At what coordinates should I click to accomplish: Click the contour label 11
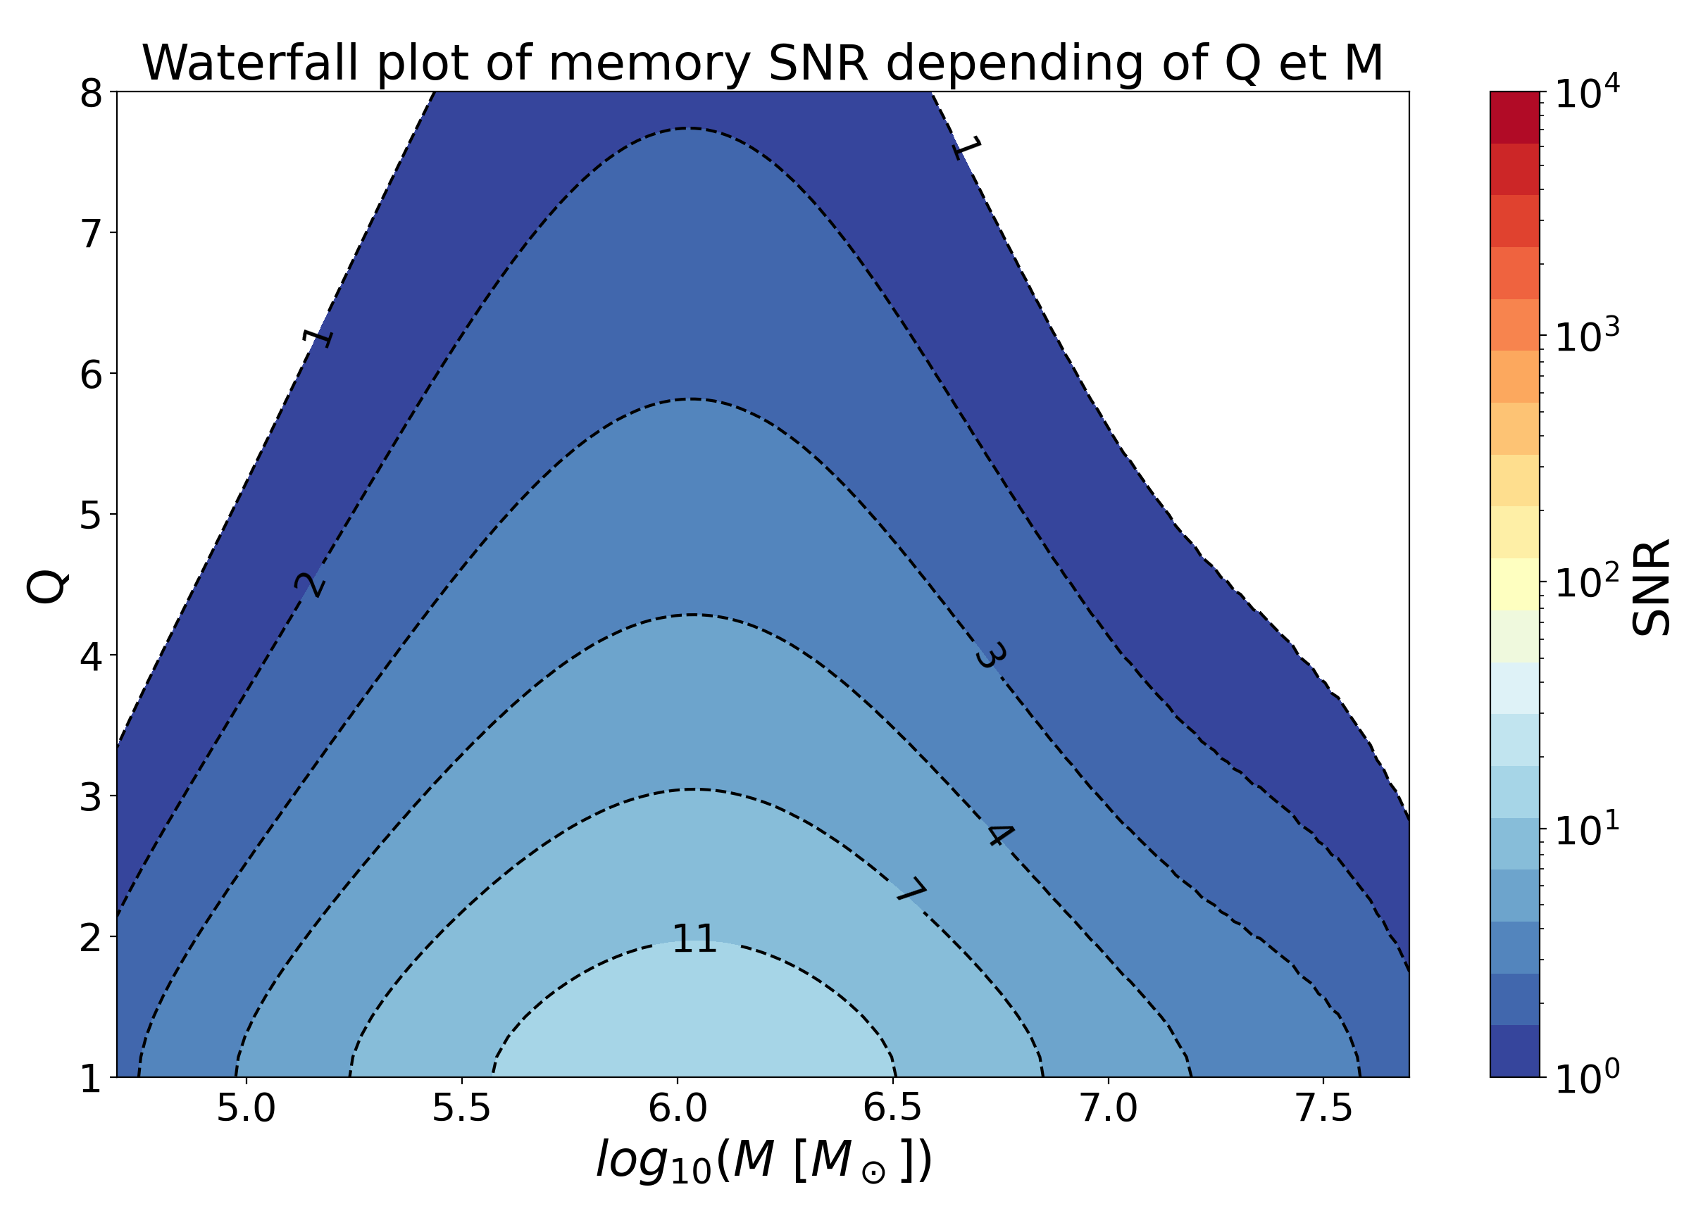click(694, 939)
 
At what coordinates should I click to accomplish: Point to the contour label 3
click(989, 655)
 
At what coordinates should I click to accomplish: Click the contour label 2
click(310, 586)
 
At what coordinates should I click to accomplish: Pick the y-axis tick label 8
click(92, 94)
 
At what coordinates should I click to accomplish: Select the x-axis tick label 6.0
click(678, 1108)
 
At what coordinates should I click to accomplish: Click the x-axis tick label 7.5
click(1323, 1108)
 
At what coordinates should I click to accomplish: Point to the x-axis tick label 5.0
click(246, 1108)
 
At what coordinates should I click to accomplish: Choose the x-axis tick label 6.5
click(892, 1108)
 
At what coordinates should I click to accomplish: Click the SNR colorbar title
click(1651, 588)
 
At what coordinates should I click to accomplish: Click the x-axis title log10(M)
click(763, 1160)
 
